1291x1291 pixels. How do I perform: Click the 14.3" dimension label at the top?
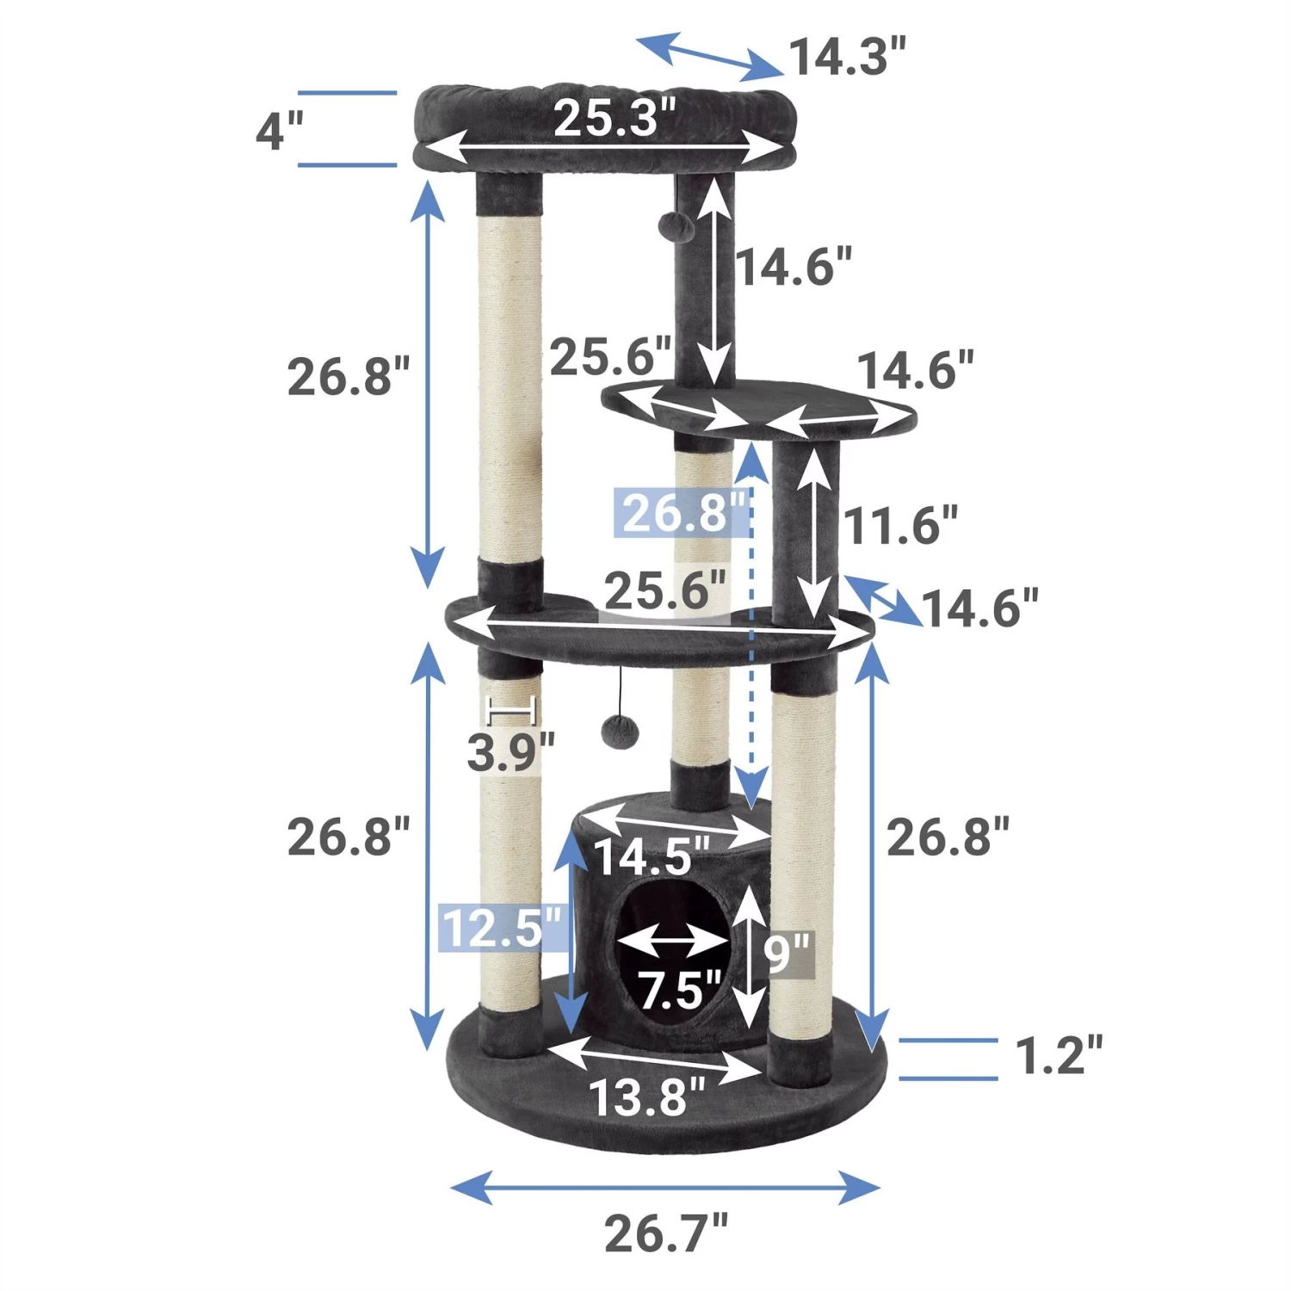[847, 58]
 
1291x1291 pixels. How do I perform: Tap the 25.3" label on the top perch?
[615, 118]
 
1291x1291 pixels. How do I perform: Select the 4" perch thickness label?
[280, 132]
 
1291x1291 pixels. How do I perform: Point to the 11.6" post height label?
[899, 525]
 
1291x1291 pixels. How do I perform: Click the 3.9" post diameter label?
[510, 752]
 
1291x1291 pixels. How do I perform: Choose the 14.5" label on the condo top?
[652, 856]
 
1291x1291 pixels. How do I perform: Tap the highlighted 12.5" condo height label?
[502, 928]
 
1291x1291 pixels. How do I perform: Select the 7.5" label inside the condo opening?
[679, 990]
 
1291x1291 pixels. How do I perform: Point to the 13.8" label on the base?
[646, 1097]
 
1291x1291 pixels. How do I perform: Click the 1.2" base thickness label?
[1059, 1056]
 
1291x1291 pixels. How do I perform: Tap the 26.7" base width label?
[665, 1233]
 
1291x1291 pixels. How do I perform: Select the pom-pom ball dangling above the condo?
[620, 732]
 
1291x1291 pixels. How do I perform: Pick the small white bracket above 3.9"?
[511, 711]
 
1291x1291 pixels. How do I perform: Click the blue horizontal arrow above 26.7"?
[665, 1188]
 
